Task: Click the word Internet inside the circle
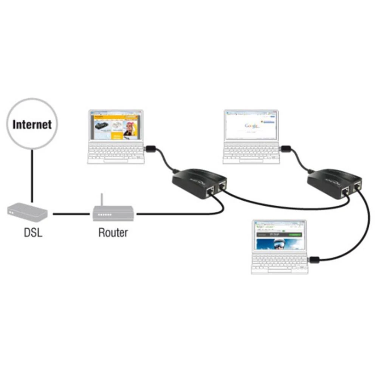pos(32,124)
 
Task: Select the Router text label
pos(113,232)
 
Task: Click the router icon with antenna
pos(113,213)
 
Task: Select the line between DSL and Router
pos(72,214)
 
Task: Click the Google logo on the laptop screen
pos(251,125)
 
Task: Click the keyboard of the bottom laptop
pos(280,263)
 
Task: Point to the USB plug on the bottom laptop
pos(314,260)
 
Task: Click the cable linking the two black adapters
pos(283,207)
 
